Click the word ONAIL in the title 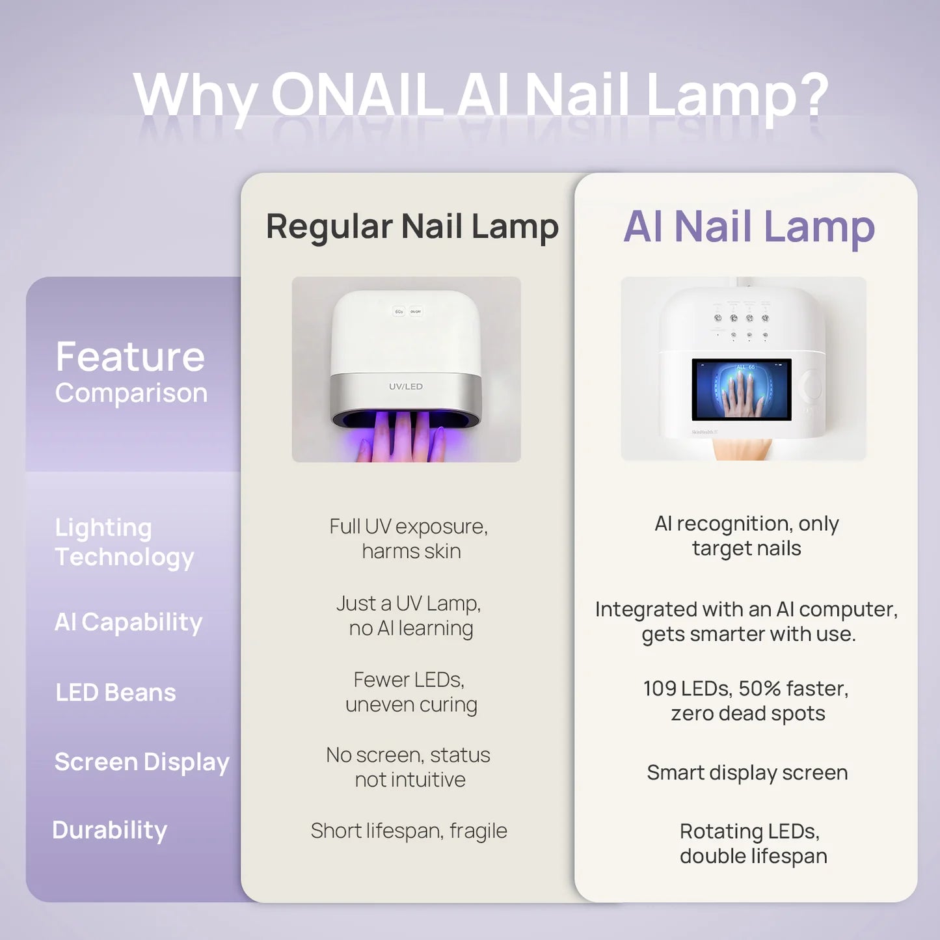[357, 95]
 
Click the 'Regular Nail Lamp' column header [412, 227]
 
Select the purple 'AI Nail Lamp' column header [749, 227]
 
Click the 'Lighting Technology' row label [124, 542]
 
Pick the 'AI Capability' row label [128, 623]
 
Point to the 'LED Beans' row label [116, 693]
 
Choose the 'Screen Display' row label [142, 762]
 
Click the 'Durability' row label [109, 830]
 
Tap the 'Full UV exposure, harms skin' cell [409, 539]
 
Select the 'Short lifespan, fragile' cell [409, 831]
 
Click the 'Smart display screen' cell [747, 773]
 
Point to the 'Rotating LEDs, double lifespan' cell [752, 843]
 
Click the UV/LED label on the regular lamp [406, 386]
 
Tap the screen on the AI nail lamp [741, 389]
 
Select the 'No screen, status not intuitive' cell [409, 767]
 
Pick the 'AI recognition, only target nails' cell [746, 535]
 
